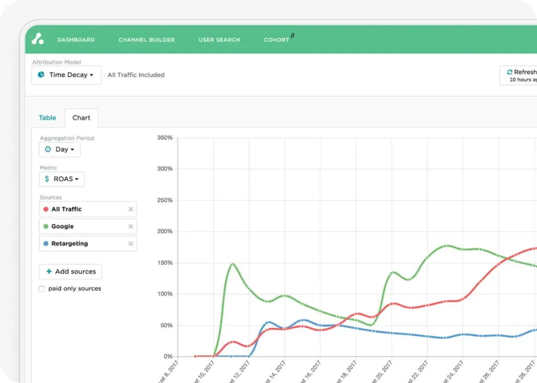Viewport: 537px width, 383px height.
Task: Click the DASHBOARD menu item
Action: (76, 40)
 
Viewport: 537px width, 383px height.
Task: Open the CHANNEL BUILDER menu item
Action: (146, 40)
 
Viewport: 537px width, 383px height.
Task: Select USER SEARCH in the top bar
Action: (219, 40)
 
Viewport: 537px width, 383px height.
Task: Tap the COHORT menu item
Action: (277, 40)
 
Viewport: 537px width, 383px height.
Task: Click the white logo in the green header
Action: (37, 39)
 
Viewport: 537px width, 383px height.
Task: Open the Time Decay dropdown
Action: (66, 75)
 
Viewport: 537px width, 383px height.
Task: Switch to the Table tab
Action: (47, 118)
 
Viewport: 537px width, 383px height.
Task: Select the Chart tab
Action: (81, 118)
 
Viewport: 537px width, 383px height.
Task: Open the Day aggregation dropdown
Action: (59, 149)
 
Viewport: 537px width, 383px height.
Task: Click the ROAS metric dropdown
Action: (62, 179)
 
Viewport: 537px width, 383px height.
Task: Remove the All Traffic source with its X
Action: (131, 210)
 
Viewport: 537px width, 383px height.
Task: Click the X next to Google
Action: (131, 226)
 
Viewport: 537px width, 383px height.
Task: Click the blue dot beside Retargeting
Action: (46, 244)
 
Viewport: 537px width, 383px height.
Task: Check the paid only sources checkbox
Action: (42, 289)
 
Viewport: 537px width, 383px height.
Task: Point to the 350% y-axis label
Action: (165, 138)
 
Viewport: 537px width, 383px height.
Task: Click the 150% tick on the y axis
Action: (165, 263)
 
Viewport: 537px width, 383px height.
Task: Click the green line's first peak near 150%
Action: (232, 264)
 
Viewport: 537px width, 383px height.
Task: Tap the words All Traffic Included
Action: (136, 75)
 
